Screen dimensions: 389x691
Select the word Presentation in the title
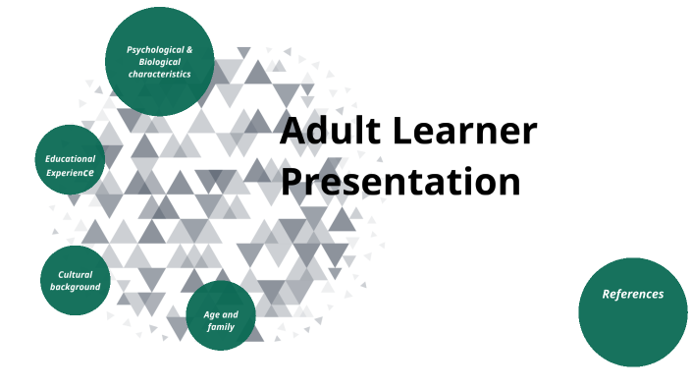click(399, 182)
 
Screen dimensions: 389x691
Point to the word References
click(632, 294)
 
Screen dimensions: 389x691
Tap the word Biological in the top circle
click(159, 61)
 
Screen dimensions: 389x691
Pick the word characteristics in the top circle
click(159, 74)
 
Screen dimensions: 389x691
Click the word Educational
click(71, 158)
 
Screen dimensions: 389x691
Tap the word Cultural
click(76, 274)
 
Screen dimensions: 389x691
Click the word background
click(76, 287)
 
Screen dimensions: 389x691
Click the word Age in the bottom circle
click(210, 314)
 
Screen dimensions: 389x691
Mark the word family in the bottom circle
click(221, 327)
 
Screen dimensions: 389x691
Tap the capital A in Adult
click(293, 131)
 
